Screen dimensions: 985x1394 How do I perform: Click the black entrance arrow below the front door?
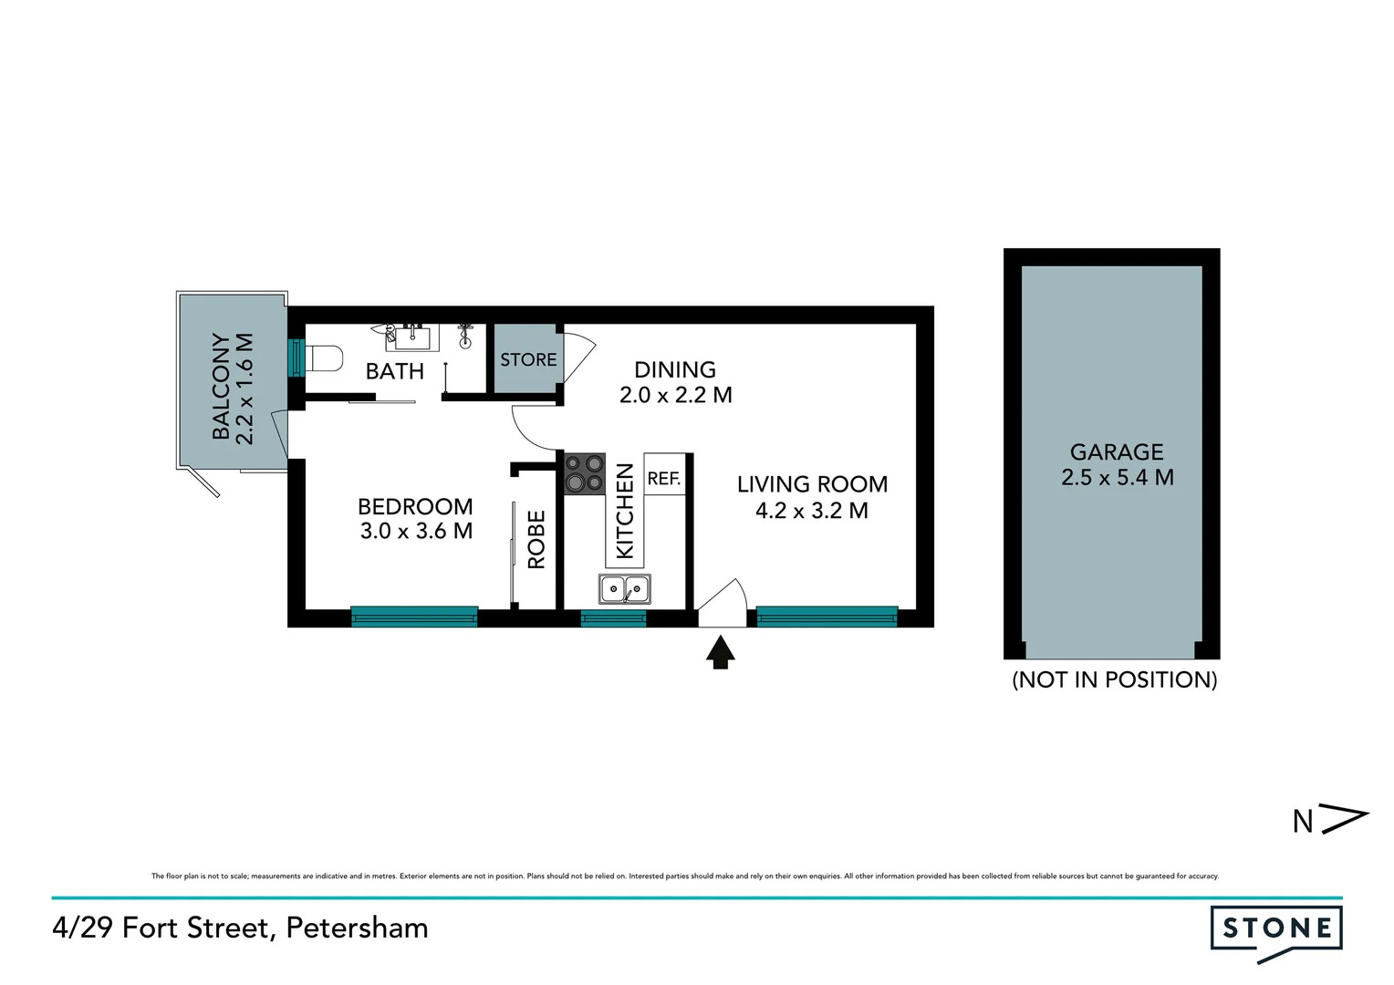[721, 652]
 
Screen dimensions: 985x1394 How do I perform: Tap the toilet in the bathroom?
[323, 358]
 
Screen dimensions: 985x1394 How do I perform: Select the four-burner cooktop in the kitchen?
[584, 473]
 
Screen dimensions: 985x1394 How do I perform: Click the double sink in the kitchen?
[625, 589]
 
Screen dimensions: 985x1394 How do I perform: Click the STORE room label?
[528, 359]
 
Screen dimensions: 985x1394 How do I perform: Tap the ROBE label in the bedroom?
[536, 540]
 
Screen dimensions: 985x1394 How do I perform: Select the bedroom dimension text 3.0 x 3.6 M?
[416, 531]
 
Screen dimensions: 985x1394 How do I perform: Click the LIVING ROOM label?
[812, 484]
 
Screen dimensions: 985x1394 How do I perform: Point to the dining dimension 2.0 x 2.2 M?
[675, 395]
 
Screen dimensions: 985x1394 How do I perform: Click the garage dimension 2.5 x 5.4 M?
[1117, 477]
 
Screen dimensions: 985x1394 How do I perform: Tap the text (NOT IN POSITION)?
[1114, 679]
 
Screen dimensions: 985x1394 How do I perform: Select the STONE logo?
[1276, 930]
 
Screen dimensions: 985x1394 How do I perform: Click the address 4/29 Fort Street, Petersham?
[240, 928]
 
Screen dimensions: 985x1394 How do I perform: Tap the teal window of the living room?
[827, 617]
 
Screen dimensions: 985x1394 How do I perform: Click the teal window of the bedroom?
[414, 617]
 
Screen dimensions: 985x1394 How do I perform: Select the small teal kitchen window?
[613, 618]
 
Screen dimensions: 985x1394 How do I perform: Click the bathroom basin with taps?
[411, 337]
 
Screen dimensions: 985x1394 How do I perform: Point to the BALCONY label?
[221, 386]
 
